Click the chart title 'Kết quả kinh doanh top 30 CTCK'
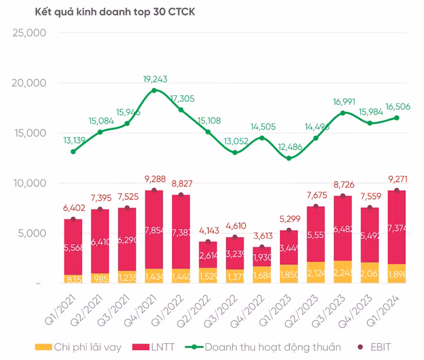pos(102,12)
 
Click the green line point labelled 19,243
pos(154,90)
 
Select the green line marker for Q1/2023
pos(289,158)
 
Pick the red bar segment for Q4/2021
pos(154,230)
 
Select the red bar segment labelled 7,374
pos(397,227)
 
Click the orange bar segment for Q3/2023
pos(343,272)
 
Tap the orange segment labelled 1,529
pos(208,276)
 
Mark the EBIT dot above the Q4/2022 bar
pos(262,247)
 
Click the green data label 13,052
pos(234,142)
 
